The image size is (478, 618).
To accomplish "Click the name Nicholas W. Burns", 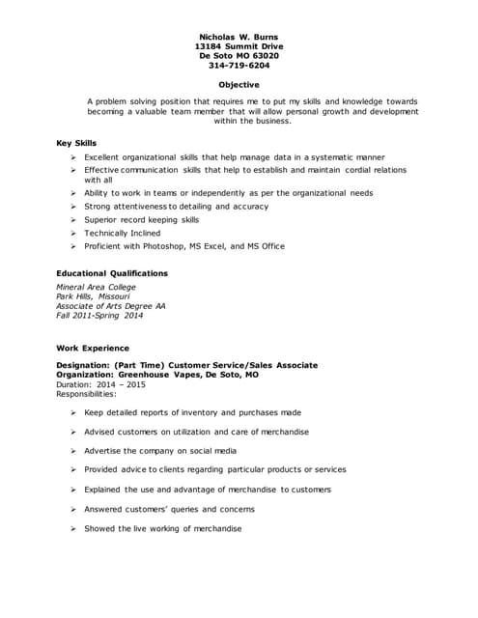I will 238,36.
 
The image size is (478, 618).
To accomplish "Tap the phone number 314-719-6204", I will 238,66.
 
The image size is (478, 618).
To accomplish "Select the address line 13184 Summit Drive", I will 238,45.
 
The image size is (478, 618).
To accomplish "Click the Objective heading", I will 238,85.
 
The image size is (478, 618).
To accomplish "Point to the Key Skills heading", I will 76,143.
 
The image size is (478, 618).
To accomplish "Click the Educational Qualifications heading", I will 112,273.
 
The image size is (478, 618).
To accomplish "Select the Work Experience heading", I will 93,348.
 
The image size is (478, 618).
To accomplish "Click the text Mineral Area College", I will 96,287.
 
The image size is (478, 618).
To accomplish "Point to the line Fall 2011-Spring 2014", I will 99,316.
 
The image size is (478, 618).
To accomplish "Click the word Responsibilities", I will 86,393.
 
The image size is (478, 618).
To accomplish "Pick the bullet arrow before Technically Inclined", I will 74,234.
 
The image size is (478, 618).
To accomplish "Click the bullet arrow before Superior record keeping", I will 74,220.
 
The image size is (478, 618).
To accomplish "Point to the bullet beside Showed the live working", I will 74,528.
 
